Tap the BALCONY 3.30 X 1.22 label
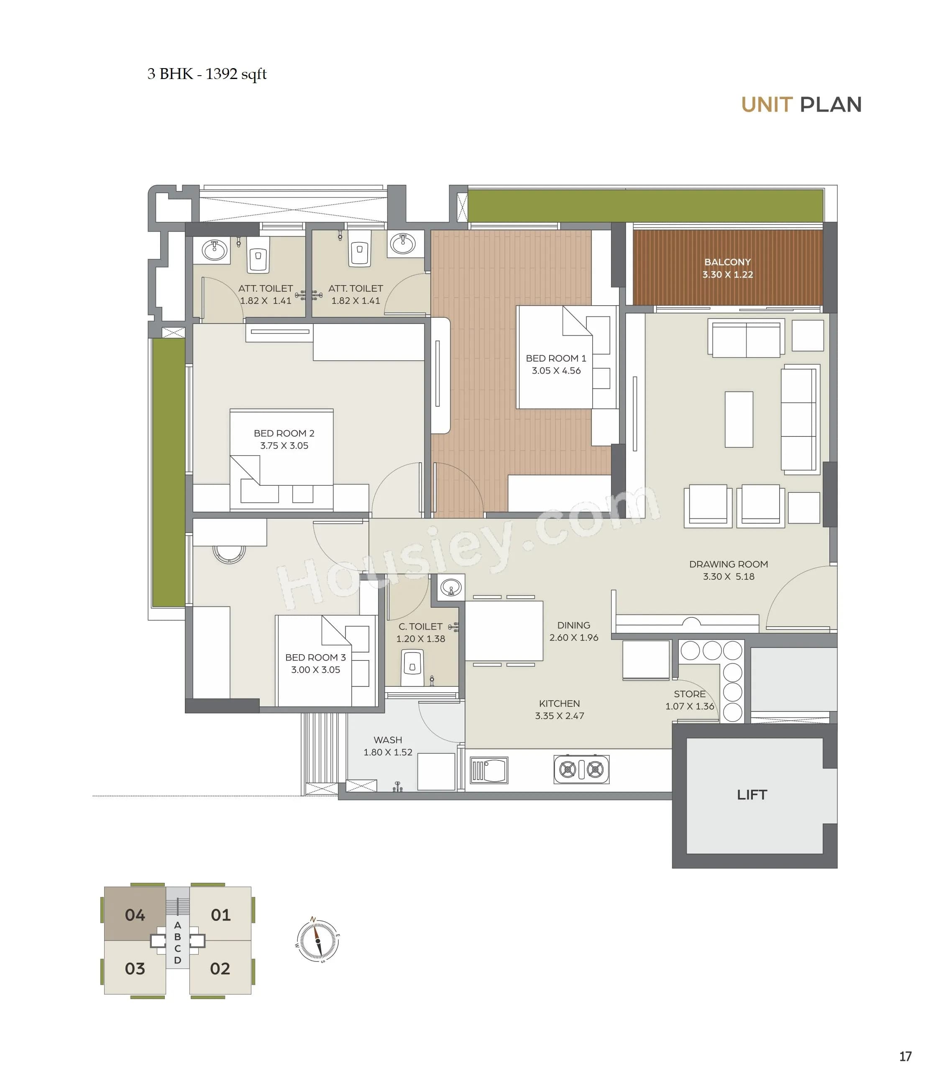coord(727,268)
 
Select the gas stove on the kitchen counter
coord(581,770)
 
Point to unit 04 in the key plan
coord(135,915)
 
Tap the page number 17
coord(905,1056)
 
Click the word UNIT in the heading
coord(766,105)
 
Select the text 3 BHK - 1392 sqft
coord(207,74)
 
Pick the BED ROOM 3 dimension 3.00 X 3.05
coord(316,670)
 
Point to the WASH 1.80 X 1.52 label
coord(388,746)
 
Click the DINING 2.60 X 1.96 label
coord(574,631)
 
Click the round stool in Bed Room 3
coord(229,553)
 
